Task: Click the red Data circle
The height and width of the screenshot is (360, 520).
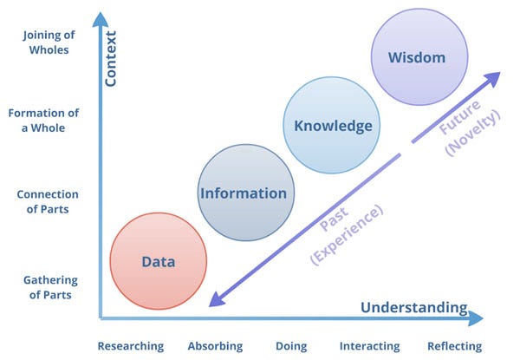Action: pyautogui.click(x=159, y=261)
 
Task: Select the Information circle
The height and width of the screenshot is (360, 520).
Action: pyautogui.click(x=246, y=193)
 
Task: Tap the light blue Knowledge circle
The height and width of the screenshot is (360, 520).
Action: pyautogui.click(x=332, y=125)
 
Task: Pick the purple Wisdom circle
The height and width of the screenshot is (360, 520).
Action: pyautogui.click(x=419, y=57)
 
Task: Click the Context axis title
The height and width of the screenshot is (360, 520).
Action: pyautogui.click(x=110, y=59)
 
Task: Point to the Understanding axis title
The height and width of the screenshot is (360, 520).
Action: pyautogui.click(x=414, y=308)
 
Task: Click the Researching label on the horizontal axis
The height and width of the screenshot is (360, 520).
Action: pyautogui.click(x=131, y=346)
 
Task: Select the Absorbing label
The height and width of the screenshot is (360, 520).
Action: pyautogui.click(x=215, y=346)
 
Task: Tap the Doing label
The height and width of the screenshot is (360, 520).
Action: pyautogui.click(x=291, y=346)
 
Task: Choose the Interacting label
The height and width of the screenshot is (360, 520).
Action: pyautogui.click(x=369, y=346)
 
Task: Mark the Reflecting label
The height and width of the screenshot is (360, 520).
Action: pyautogui.click(x=454, y=346)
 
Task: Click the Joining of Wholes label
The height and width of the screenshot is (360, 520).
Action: pyautogui.click(x=49, y=43)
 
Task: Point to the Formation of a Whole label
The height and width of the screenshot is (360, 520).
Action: pyautogui.click(x=43, y=120)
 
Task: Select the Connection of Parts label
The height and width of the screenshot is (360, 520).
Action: pyautogui.click(x=48, y=201)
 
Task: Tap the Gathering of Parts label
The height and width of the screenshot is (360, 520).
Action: pyautogui.click(x=50, y=287)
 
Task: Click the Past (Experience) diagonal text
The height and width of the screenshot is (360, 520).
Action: pyautogui.click(x=347, y=235)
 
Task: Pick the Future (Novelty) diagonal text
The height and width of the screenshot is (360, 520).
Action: pyautogui.click(x=469, y=127)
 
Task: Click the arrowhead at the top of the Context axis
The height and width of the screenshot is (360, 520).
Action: pyautogui.click(x=101, y=20)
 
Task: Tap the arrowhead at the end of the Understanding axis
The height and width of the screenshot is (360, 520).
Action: pyautogui.click(x=475, y=318)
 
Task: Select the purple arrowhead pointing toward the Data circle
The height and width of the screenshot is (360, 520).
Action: pyautogui.click(x=218, y=299)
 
